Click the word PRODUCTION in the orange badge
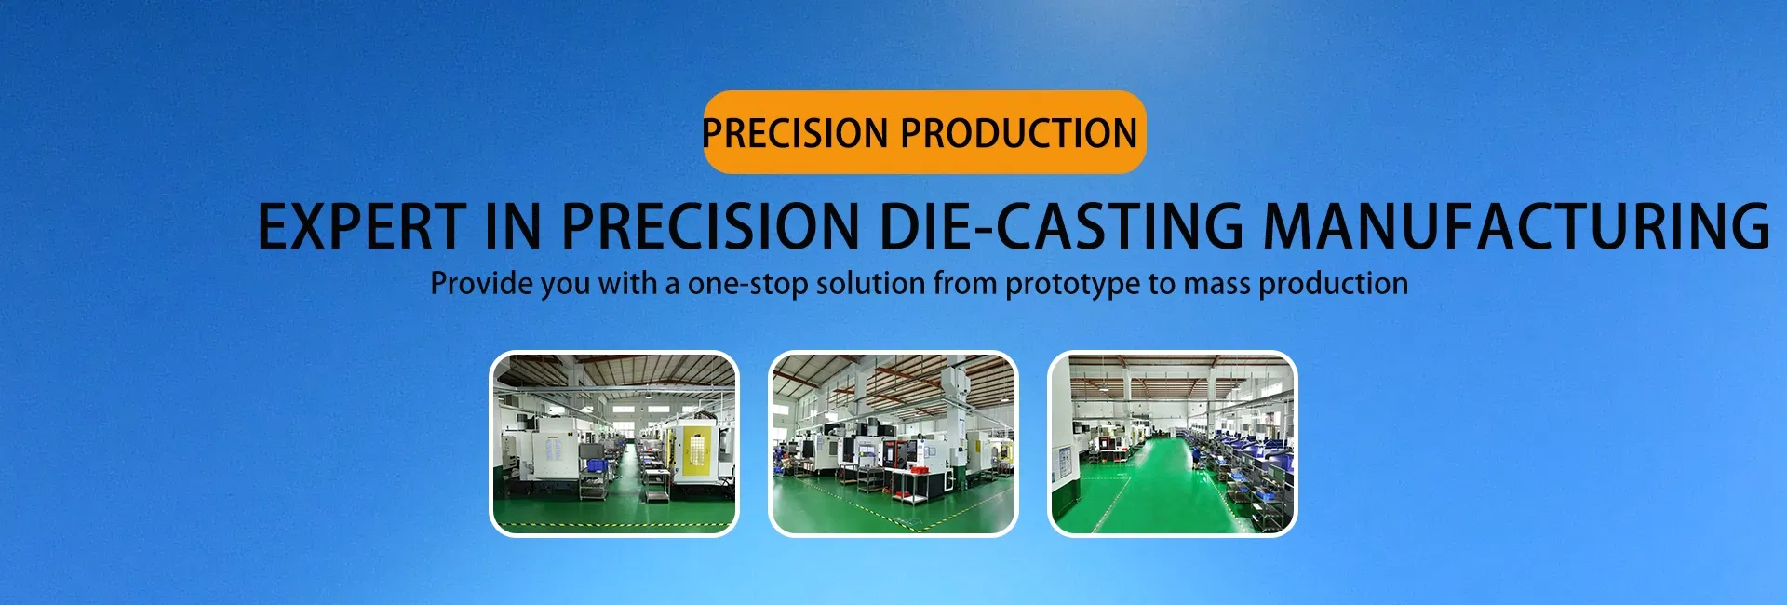tap(1018, 133)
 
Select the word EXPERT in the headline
tap(361, 226)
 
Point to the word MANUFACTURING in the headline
tap(1516, 226)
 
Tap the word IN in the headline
tap(513, 226)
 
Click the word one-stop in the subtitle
tap(747, 284)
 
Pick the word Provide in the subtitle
tap(482, 283)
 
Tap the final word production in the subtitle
tap(1334, 284)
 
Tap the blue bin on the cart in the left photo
tap(592, 464)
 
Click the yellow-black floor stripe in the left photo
tap(614, 526)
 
